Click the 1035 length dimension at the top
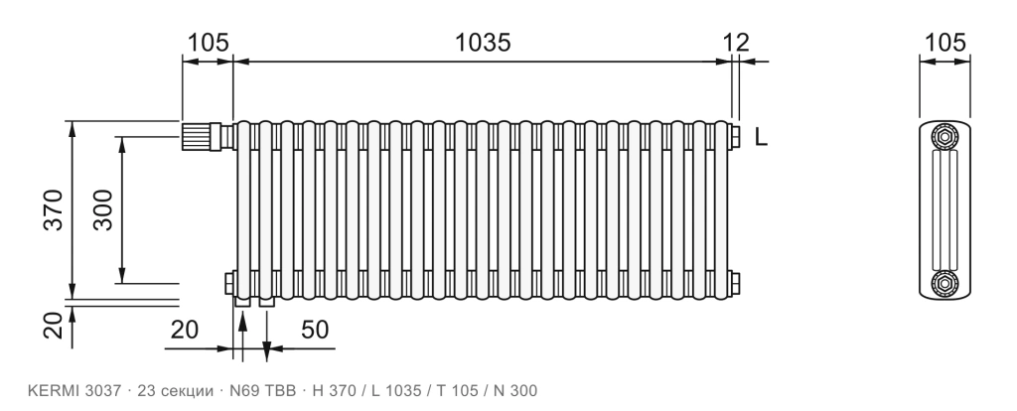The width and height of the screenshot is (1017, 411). pos(482,43)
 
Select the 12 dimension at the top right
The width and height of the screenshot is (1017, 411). pos(736,43)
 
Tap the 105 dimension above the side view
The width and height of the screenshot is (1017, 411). pos(944,43)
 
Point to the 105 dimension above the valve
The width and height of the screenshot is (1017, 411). pos(209,43)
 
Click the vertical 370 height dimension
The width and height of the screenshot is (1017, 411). pos(54,209)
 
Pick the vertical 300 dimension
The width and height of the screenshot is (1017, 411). pos(102,209)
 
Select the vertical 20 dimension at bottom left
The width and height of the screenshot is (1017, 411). pos(56,326)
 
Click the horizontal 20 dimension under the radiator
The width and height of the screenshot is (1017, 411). pos(184,330)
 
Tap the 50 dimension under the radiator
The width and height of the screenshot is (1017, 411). pos(315,330)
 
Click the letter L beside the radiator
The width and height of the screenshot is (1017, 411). pos(762,137)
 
